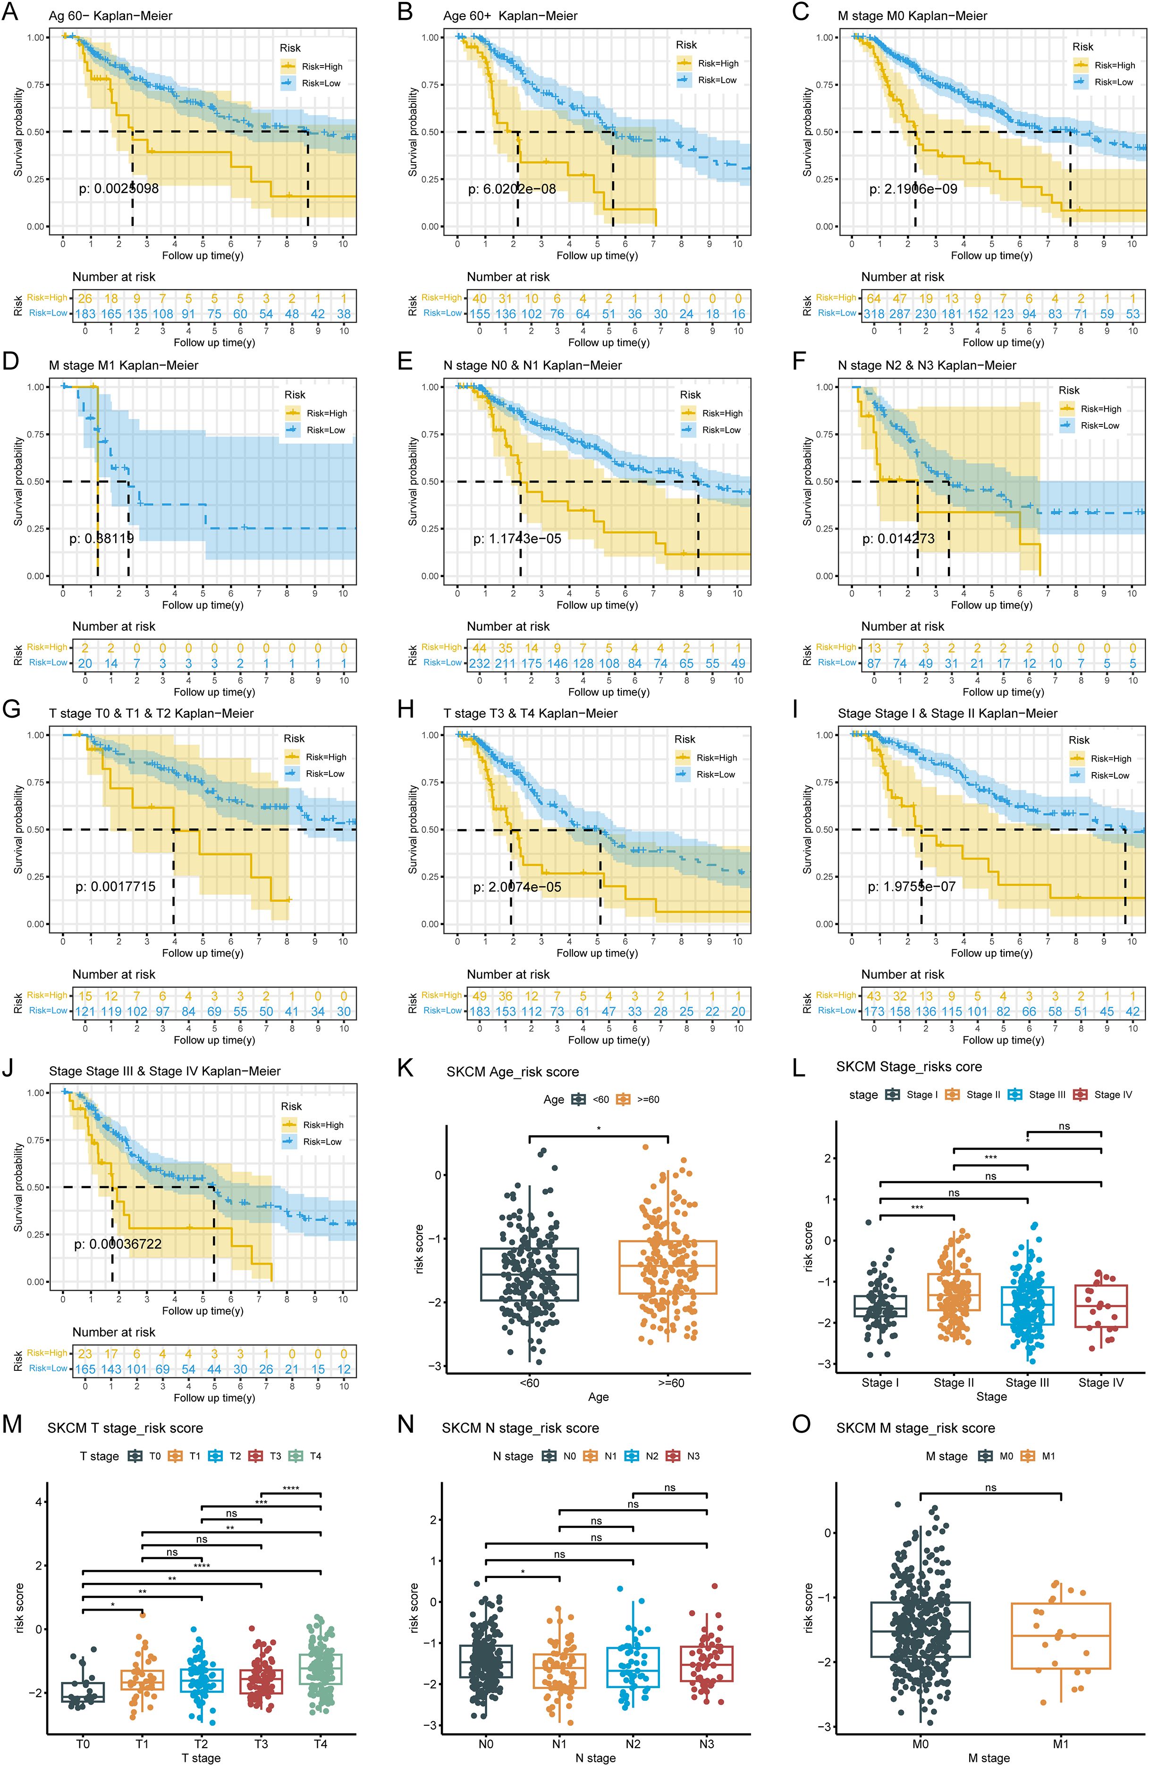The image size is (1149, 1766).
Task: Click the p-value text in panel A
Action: pos(118,188)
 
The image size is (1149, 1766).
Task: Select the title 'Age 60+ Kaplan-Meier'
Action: pos(510,16)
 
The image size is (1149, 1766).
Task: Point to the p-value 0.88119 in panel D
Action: pos(101,539)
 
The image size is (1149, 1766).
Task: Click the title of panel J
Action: pos(165,1071)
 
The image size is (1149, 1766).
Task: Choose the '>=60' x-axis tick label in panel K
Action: pos(670,1383)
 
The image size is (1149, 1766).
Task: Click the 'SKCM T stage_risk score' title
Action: pos(126,1428)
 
